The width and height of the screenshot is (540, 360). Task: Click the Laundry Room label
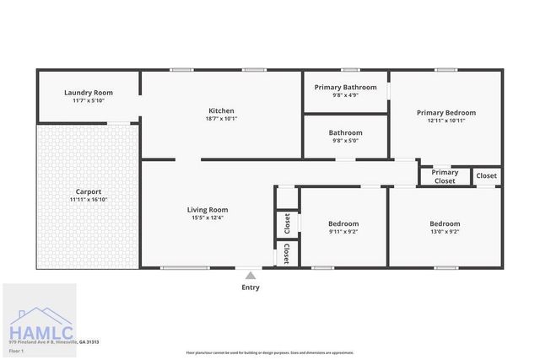click(x=89, y=93)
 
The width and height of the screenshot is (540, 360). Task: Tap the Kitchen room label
click(x=221, y=110)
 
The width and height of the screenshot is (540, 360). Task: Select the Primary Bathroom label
click(x=345, y=87)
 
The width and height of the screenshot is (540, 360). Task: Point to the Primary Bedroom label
click(x=445, y=112)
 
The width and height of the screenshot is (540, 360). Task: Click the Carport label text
click(x=89, y=191)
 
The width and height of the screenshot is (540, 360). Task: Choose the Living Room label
click(x=208, y=210)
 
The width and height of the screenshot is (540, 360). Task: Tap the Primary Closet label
click(x=445, y=177)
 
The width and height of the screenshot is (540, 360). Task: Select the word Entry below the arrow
click(x=251, y=287)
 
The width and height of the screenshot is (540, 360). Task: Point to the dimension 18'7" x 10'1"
click(x=221, y=119)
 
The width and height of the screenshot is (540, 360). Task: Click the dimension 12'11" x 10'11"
click(x=445, y=121)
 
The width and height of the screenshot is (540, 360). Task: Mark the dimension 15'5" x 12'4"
click(x=208, y=218)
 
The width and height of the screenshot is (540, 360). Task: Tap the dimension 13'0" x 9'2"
click(x=444, y=231)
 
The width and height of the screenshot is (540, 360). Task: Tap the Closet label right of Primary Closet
click(x=487, y=176)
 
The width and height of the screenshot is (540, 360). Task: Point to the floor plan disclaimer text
click(x=270, y=352)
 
